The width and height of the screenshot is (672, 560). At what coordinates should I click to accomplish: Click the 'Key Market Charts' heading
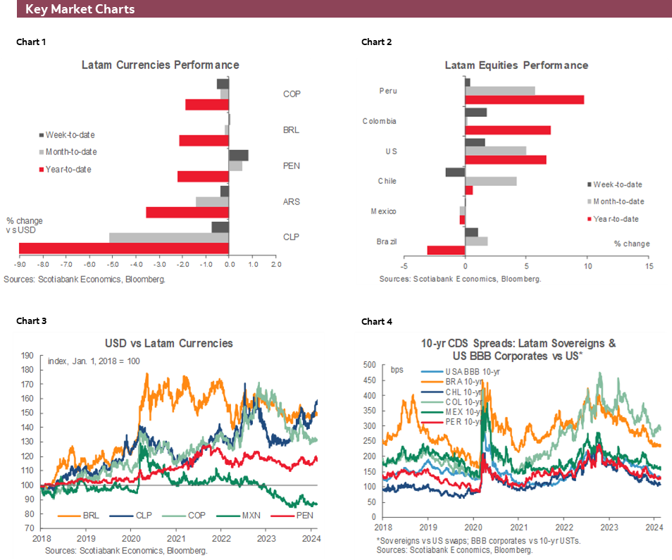click(80, 9)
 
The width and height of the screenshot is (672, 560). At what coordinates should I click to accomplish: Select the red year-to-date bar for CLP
click(124, 248)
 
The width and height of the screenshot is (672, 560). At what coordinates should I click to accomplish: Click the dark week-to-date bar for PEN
click(239, 156)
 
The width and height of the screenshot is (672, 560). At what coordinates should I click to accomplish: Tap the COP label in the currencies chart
click(292, 94)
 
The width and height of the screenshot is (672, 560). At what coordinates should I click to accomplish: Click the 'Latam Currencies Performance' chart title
click(160, 65)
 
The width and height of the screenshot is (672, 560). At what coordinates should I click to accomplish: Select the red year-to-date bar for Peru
click(524, 99)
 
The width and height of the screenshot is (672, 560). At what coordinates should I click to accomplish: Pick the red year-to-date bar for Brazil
click(446, 250)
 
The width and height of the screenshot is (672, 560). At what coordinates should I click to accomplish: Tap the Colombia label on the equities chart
click(379, 121)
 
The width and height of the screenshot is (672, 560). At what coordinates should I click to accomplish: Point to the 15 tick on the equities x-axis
click(648, 267)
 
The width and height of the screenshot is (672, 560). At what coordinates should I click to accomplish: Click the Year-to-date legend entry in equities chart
click(616, 219)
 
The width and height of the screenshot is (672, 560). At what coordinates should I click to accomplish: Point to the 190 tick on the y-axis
click(28, 355)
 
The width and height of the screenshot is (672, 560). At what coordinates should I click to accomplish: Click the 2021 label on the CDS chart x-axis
click(518, 526)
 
